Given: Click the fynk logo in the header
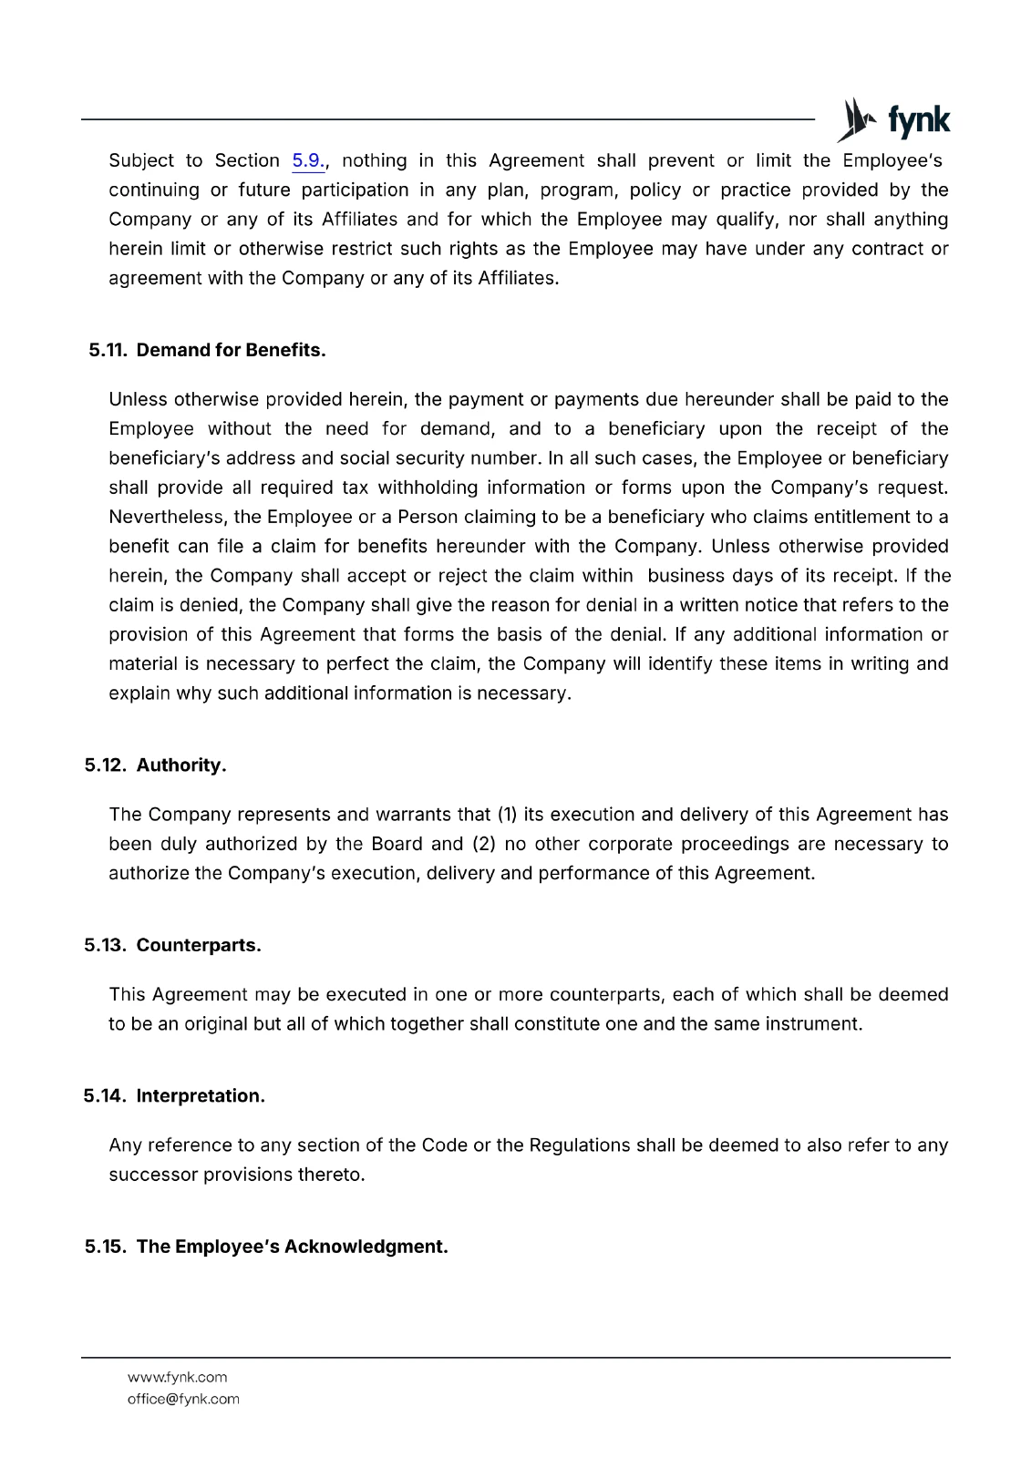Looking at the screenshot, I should pos(893,120).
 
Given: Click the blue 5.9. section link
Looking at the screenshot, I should pos(308,161).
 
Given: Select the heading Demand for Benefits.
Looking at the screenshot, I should pos(231,351).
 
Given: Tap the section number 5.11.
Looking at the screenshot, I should pos(108,351).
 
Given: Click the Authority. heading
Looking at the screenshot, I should pos(181,765).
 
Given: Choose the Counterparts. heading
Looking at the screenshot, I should pos(199,946).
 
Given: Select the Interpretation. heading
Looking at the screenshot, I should pos(201,1096).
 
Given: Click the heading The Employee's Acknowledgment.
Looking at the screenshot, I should pos(292,1247).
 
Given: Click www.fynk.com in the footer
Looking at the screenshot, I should pos(178,1377).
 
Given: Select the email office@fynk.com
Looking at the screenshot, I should pos(183,1399).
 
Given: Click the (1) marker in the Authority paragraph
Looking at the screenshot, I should pos(506,815).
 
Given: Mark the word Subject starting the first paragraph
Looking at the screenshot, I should pos(141,161).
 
